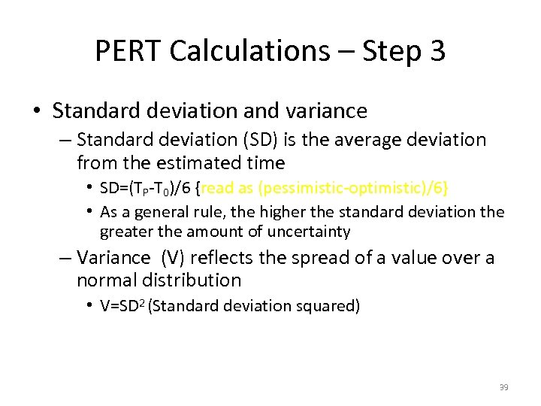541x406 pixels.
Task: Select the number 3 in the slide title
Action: [437, 51]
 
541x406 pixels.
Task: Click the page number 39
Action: [503, 387]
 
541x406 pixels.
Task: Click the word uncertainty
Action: [308, 232]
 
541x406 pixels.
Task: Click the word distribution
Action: [195, 280]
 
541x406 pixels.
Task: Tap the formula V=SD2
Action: [122, 305]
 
